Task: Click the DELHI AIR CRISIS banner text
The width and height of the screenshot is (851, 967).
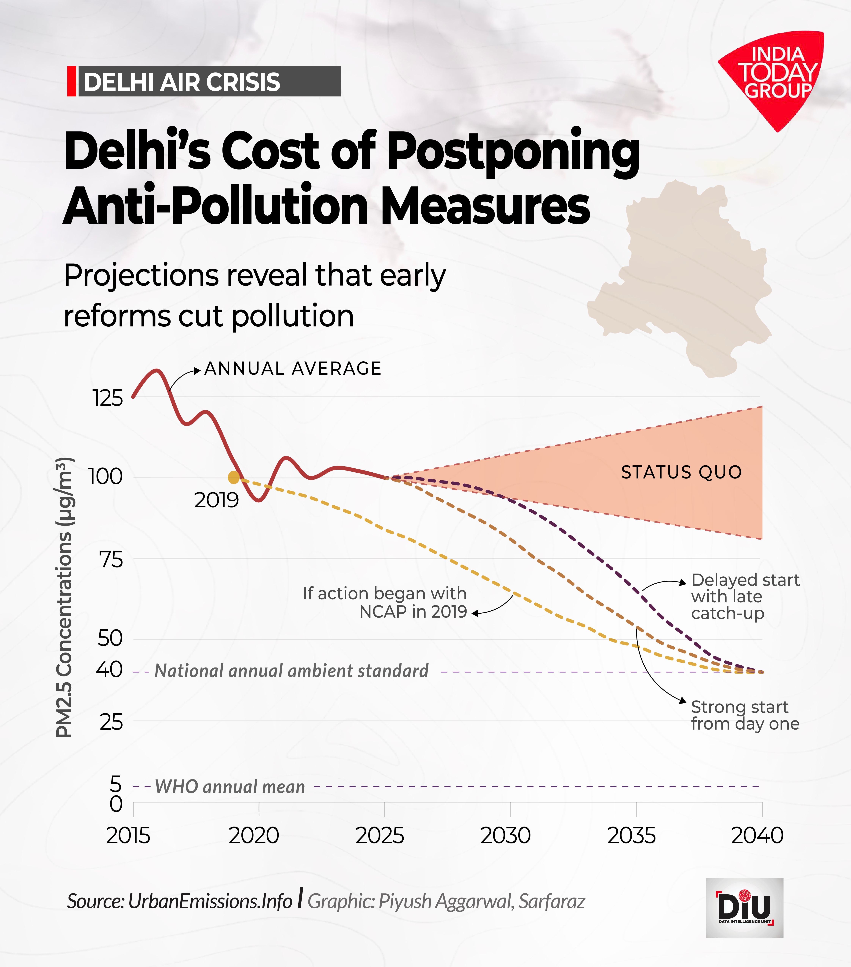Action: (182, 82)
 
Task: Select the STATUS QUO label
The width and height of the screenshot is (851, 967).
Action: (681, 472)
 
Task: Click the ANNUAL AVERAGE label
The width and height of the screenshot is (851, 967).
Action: (293, 369)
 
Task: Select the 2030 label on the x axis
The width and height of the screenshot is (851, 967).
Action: (505, 835)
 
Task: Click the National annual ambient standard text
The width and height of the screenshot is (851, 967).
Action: (291, 671)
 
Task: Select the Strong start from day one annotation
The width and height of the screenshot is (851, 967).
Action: (745, 715)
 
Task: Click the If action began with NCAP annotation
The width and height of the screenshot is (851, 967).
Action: (385, 602)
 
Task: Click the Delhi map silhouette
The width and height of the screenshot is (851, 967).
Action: (681, 279)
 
